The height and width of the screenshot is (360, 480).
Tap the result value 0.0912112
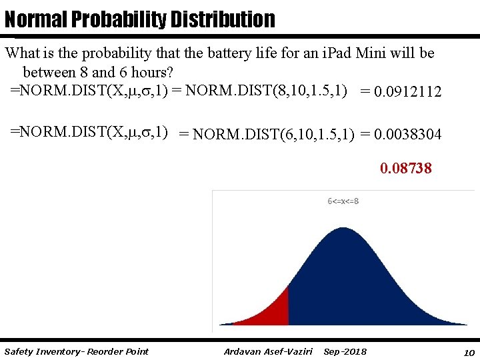pos(408,91)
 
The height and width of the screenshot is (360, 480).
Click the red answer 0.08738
pos(406,169)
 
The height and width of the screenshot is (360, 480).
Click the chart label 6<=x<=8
pos(343,201)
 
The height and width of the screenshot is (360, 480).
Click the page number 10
pos(469,351)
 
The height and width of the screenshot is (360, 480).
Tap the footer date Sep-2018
pos(345,351)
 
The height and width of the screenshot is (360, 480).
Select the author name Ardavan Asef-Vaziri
pos(268,351)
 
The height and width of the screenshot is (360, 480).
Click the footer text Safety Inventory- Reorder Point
pos(76,351)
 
